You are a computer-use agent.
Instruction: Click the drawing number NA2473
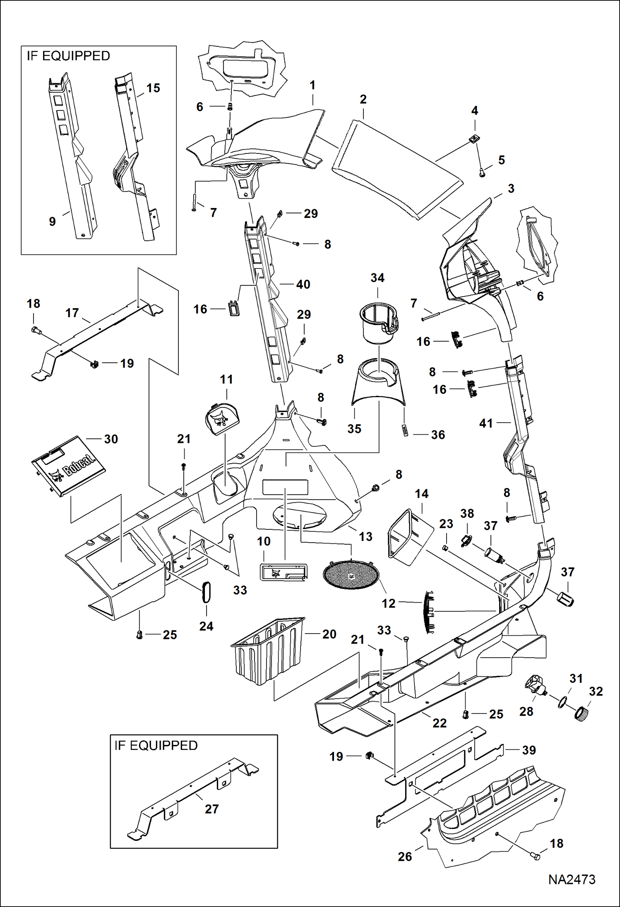(572, 879)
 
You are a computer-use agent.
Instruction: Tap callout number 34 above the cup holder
(377, 278)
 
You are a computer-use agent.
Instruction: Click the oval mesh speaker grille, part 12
(351, 575)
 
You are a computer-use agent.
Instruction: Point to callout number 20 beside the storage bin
(329, 634)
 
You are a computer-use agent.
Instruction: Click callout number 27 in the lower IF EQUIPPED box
(211, 809)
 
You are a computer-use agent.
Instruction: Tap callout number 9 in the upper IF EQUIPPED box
(52, 221)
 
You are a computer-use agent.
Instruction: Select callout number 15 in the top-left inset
(153, 88)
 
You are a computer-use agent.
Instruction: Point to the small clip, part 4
(474, 140)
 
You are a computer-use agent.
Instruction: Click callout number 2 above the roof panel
(363, 99)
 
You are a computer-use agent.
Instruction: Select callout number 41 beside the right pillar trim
(486, 423)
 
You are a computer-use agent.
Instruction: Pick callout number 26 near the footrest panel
(404, 857)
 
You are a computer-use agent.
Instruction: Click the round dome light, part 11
(222, 419)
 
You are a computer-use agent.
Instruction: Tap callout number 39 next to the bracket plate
(529, 750)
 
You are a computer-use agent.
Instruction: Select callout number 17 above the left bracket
(72, 313)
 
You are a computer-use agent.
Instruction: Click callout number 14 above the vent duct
(421, 493)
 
